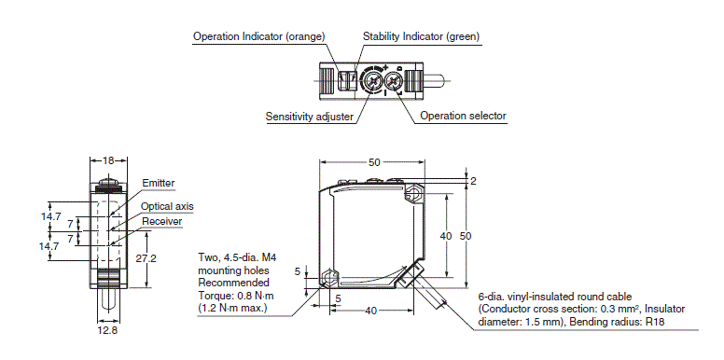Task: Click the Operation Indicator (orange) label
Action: [x=258, y=36]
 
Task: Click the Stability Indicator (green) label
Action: [x=421, y=36]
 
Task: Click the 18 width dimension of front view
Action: [x=108, y=160]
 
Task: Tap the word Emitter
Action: [x=158, y=183]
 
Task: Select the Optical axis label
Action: [x=167, y=206]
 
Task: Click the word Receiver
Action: [x=161, y=221]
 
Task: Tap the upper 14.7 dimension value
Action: [x=51, y=215]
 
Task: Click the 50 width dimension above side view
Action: [x=374, y=161]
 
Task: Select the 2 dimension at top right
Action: [x=473, y=181]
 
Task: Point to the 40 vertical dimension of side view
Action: [x=446, y=236]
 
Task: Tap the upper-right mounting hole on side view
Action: [x=411, y=195]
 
